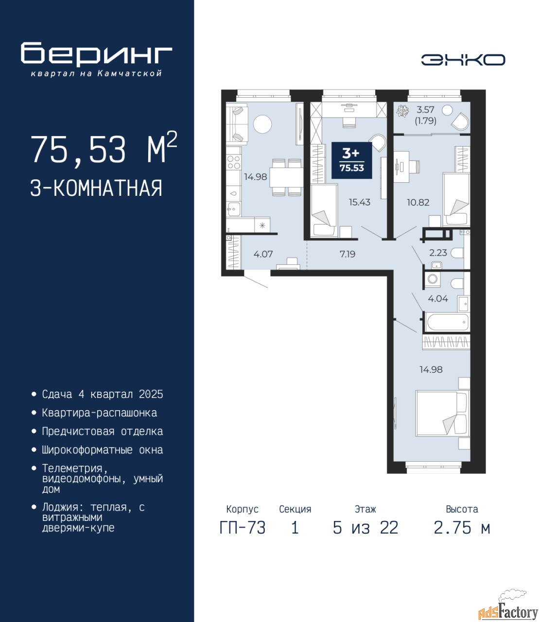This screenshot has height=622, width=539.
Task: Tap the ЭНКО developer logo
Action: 463,60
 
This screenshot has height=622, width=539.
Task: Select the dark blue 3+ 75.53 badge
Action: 352,160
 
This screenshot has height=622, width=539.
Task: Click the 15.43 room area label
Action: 359,202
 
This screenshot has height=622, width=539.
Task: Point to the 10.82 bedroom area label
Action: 418,202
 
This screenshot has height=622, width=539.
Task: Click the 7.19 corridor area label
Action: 348,254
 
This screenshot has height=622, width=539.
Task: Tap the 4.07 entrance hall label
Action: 263,254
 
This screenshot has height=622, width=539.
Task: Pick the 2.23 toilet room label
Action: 438,253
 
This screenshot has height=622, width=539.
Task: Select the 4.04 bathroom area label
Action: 438,299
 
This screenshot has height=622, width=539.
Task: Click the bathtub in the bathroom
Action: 447,322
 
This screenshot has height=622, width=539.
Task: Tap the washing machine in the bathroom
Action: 433,279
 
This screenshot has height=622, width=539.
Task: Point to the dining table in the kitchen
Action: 286,177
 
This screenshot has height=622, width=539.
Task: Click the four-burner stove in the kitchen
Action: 234,162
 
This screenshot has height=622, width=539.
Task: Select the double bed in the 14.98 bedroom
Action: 442,414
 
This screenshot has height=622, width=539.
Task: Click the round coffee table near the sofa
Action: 262,124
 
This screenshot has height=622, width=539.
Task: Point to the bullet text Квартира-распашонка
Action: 100,413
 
